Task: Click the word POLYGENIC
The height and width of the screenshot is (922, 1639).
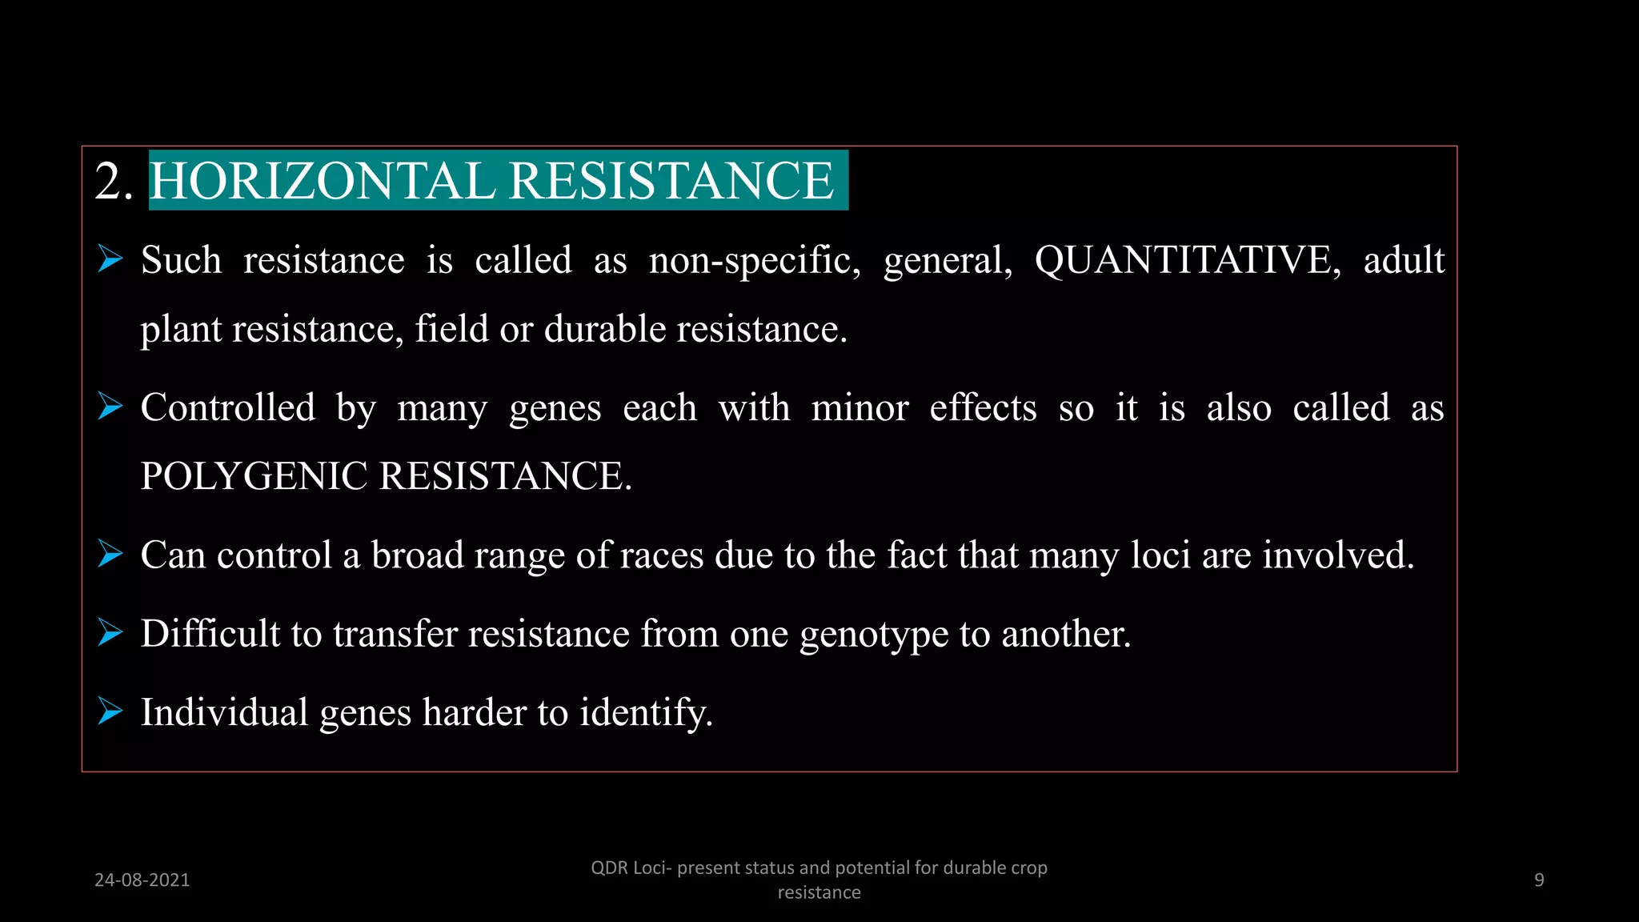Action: click(254, 476)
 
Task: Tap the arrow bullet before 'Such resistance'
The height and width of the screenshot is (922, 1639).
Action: click(110, 259)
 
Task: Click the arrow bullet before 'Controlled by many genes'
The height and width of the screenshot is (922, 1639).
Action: click(110, 407)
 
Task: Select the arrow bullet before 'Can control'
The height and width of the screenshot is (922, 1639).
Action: click(110, 554)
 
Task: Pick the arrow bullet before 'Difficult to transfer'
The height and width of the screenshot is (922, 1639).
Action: click(110, 632)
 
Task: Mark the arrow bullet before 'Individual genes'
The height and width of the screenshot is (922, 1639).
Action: click(110, 711)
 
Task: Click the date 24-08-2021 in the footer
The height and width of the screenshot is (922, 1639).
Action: click(142, 880)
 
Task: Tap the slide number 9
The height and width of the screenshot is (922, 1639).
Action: click(1539, 880)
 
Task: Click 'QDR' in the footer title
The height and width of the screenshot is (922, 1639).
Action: click(609, 868)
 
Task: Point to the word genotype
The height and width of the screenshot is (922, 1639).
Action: click(874, 635)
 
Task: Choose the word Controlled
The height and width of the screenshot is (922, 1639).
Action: click(228, 407)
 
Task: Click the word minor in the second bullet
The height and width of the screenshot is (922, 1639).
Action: click(860, 408)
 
